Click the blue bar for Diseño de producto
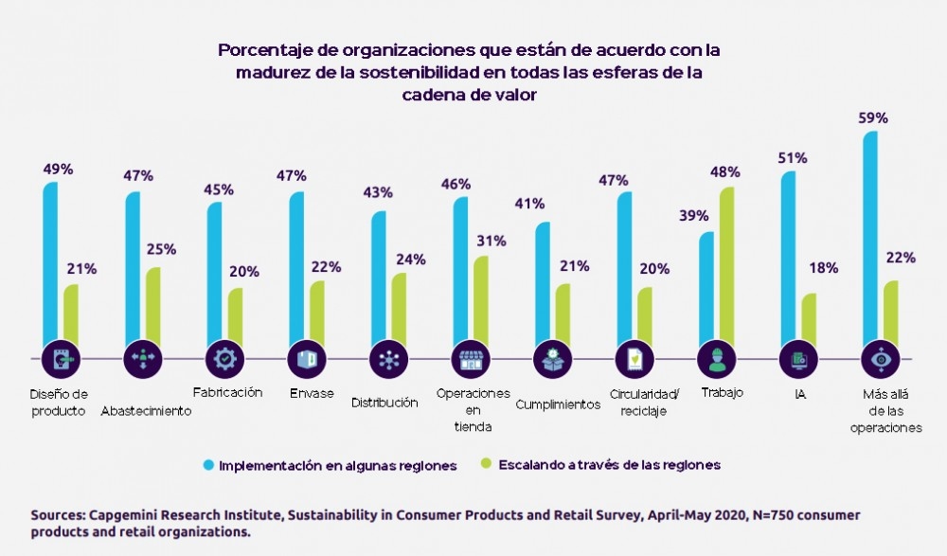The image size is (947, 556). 51,265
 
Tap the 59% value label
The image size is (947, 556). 873,118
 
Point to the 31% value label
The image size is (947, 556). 492,241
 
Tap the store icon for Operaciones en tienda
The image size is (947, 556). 471,359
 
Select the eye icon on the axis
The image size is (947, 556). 880,359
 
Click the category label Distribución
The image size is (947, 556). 384,403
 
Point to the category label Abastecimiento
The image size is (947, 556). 146,411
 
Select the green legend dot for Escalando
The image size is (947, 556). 487,465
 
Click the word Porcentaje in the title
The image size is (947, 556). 264,49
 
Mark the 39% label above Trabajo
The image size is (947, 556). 693,216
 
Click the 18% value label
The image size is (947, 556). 823,268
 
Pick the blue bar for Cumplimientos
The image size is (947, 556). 543,284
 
